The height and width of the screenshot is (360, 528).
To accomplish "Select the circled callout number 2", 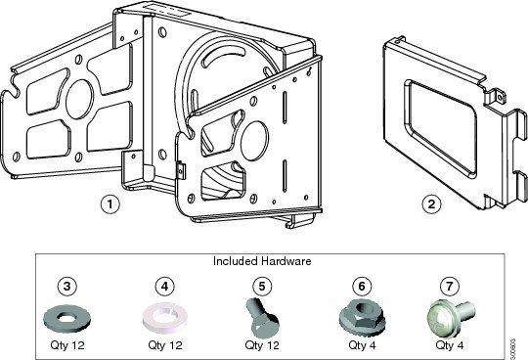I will (x=429, y=204).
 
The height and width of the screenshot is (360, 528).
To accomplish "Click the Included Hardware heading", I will (x=261, y=262).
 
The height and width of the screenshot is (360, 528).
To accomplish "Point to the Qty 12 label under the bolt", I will (x=261, y=345).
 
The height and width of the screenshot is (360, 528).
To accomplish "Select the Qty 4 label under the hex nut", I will (x=362, y=345).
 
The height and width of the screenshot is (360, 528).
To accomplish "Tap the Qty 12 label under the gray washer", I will (x=66, y=345).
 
